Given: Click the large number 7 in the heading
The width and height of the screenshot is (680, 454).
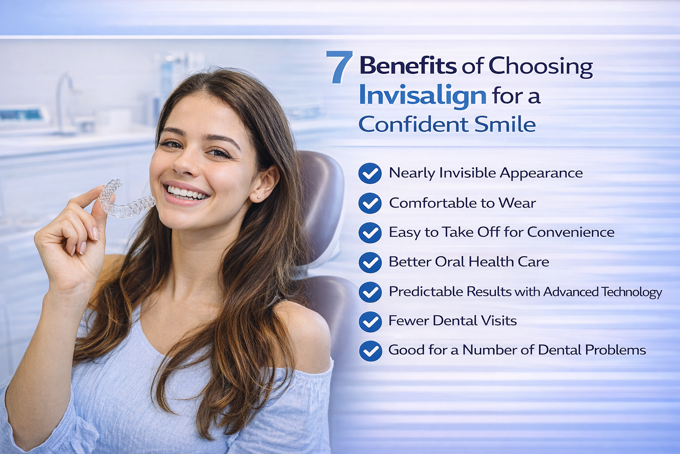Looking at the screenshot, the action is pyautogui.click(x=340, y=67).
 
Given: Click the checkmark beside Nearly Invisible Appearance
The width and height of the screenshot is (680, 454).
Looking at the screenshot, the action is pyautogui.click(x=370, y=173).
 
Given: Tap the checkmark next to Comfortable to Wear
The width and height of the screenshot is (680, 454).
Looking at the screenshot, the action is pyautogui.click(x=370, y=203).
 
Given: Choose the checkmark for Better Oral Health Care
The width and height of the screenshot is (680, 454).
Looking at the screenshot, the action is pyautogui.click(x=370, y=262).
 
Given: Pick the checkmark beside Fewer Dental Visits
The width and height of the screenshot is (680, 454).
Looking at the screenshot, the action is pyautogui.click(x=370, y=321).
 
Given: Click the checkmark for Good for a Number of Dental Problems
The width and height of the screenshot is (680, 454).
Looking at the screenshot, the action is pyautogui.click(x=371, y=351).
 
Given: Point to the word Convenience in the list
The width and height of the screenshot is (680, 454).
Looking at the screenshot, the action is pyautogui.click(x=570, y=232).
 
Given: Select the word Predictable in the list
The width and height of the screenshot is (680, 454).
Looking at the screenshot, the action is pyautogui.click(x=426, y=291).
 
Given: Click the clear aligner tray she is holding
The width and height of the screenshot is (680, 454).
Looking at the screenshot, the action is pyautogui.click(x=126, y=201).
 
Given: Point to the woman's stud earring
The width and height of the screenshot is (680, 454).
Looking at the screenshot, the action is pyautogui.click(x=258, y=197).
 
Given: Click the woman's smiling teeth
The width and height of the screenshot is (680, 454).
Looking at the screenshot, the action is pyautogui.click(x=186, y=193).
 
